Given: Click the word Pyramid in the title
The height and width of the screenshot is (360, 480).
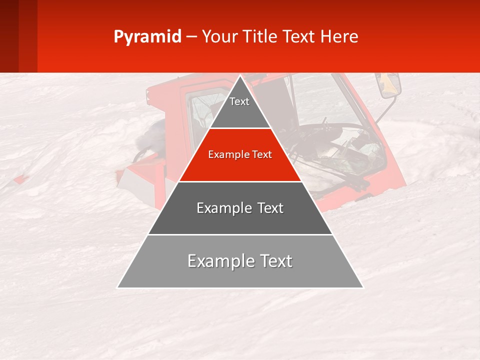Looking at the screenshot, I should click(147, 37).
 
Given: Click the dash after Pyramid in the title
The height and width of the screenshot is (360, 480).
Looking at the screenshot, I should click(191, 37).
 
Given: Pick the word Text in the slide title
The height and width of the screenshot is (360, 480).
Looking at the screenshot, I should click(300, 36).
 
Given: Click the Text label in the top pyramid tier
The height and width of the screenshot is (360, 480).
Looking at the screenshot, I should click(239, 101).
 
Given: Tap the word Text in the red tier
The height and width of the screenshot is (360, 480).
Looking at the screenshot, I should click(261, 155).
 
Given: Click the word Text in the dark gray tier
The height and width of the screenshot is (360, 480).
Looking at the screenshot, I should click(270, 208).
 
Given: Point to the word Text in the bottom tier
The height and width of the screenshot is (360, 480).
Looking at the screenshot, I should click(275, 261).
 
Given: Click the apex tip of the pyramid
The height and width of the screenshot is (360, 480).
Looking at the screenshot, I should click(240, 76).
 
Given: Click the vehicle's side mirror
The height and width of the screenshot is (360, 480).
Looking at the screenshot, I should click(390, 85).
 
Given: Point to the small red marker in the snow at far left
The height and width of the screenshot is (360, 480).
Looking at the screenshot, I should click(20, 179).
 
